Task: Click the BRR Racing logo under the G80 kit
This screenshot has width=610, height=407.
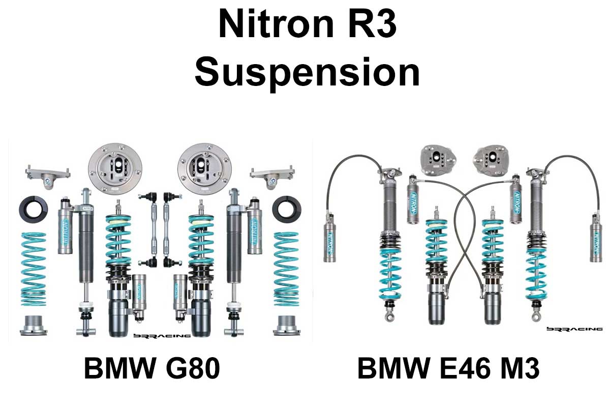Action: coord(161,335)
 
